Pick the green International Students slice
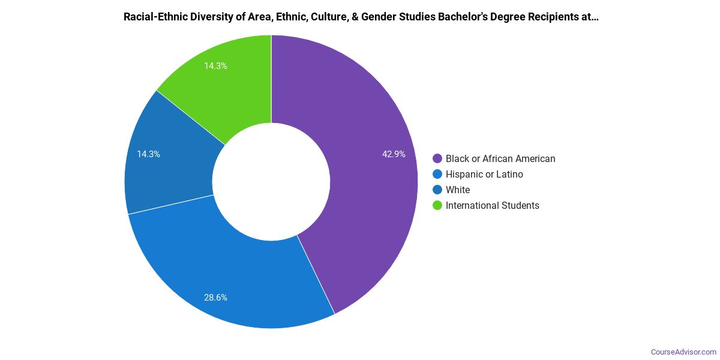coord(228,84)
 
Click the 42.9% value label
coord(394,154)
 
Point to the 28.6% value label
coord(215,298)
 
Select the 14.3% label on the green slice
coord(215,66)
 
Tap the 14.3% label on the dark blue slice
coord(148,154)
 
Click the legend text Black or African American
coord(500,159)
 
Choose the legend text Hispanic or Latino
coord(484,175)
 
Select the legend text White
coord(458,190)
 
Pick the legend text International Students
coord(493,206)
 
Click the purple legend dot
coord(437,159)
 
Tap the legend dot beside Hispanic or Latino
coord(437,175)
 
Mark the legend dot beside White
coord(437,190)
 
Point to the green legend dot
coord(437,206)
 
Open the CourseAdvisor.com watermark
coord(683,352)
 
